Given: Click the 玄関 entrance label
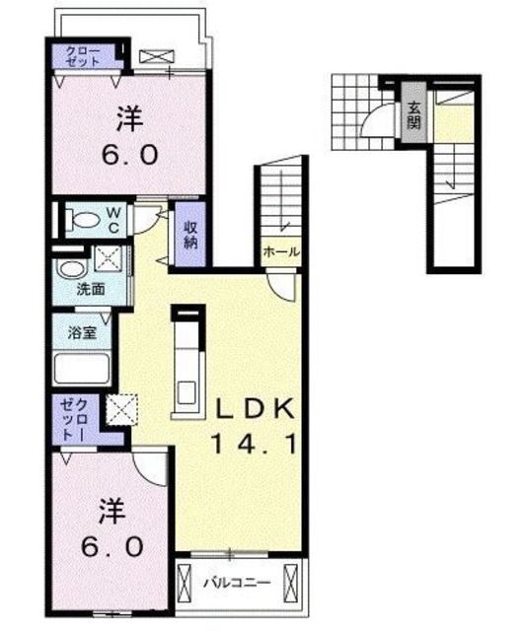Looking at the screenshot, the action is click(414, 114).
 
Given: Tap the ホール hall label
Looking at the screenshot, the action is click(281, 252).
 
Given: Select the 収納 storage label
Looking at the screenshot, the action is click(191, 235).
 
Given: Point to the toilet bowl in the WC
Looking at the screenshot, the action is click(86, 220).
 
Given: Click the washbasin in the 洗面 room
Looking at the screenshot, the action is click(72, 269).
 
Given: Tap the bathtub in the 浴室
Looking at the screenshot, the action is click(82, 369).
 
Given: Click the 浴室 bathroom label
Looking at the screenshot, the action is click(82, 332).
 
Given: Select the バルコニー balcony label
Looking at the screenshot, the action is click(237, 583).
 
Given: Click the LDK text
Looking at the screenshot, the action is click(255, 410).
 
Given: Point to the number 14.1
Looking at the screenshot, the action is click(254, 444).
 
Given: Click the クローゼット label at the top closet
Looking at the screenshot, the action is click(83, 56).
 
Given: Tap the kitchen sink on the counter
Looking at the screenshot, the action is click(187, 391).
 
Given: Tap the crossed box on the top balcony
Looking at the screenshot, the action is click(157, 57).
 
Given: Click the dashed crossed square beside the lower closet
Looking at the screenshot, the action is click(122, 409).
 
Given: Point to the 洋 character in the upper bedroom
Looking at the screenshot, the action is click(129, 118).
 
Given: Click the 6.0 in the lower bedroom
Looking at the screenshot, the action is click(113, 547).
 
